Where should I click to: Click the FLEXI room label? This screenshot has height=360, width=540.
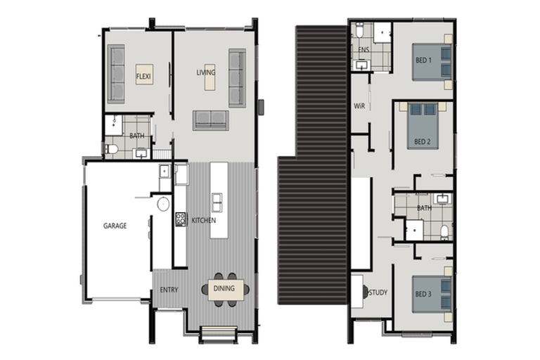[x=144, y=75]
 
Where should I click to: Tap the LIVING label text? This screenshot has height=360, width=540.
[x=206, y=72]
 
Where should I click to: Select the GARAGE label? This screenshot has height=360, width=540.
[x=115, y=226]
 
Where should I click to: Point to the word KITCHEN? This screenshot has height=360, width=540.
[x=203, y=221]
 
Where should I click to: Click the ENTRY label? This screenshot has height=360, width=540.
[x=169, y=290]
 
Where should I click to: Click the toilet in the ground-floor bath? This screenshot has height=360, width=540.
[x=110, y=149]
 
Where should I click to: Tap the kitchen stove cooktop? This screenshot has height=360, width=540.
[x=180, y=219]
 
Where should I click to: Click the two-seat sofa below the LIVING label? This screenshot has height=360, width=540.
[x=210, y=120]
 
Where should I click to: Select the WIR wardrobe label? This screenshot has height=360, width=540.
[x=359, y=105]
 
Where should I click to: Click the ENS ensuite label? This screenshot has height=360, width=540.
[x=364, y=51]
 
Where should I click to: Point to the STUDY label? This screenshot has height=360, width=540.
[x=378, y=292]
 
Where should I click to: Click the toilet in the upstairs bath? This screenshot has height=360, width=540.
[x=444, y=230]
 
